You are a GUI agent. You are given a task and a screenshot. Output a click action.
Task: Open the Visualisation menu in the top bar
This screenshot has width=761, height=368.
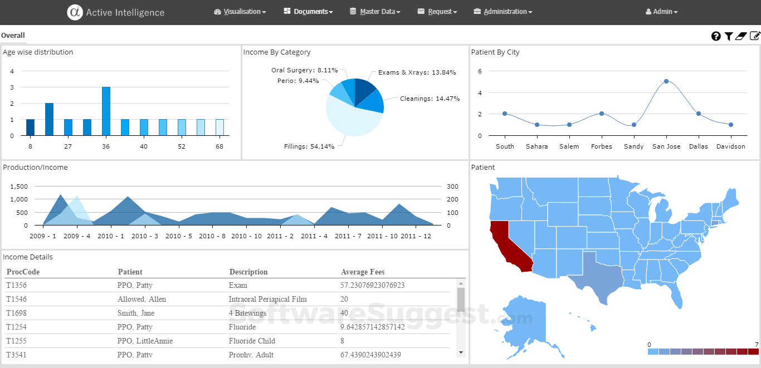click(240, 12)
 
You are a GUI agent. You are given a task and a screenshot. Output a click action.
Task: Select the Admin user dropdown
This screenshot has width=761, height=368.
click(661, 12)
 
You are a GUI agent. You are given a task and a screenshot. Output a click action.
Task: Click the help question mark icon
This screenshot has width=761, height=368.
click(716, 36)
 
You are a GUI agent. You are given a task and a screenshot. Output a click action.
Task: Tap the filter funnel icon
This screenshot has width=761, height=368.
click(728, 36)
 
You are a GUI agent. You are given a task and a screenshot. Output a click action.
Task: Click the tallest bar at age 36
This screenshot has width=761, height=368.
click(106, 111)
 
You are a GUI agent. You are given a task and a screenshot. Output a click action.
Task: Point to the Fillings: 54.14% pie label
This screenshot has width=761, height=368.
click(309, 146)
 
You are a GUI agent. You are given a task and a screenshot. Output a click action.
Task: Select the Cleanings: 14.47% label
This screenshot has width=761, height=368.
click(430, 99)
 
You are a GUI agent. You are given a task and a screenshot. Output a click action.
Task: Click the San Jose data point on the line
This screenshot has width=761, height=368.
click(666, 81)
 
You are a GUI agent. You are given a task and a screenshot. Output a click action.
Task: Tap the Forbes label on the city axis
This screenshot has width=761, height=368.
click(602, 146)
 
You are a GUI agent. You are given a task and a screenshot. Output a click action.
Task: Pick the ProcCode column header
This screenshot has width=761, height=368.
click(23, 272)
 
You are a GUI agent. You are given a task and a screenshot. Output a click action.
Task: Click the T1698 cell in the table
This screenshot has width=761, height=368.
click(16, 313)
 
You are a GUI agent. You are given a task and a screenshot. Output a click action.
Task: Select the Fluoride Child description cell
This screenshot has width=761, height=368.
click(252, 341)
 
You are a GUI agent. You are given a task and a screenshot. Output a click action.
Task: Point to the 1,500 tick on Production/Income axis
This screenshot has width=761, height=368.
click(19, 186)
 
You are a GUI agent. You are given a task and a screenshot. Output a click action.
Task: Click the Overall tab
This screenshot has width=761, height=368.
click(13, 36)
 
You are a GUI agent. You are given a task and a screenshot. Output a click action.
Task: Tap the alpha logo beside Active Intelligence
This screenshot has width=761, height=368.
click(75, 12)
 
